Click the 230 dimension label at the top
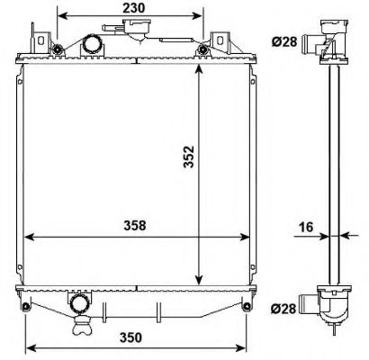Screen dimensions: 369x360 (133, 8)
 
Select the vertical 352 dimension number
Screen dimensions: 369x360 (189, 157)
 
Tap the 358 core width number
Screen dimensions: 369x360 (135, 225)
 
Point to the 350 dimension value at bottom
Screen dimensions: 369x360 (130, 337)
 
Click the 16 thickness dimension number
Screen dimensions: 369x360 (306, 227)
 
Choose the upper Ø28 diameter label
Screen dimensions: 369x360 (284, 41)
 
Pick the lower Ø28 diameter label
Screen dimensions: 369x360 (283, 308)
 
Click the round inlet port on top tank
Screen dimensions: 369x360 (93, 44)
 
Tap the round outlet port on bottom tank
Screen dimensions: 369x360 (80, 303)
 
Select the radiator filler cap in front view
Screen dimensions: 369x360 (136, 28)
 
